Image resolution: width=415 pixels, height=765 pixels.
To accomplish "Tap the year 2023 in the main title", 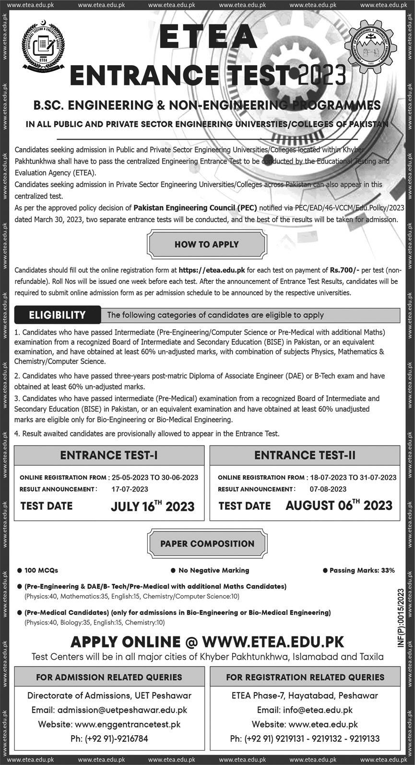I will pyautogui.click(x=321, y=75).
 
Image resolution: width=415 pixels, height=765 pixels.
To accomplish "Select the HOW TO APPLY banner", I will pyautogui.click(x=206, y=244).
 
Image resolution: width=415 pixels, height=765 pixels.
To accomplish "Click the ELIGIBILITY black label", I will pyautogui.click(x=58, y=315).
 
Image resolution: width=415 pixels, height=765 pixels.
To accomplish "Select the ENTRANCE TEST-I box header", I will pyautogui.click(x=109, y=456).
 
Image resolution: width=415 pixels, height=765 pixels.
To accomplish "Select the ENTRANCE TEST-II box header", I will pyautogui.click(x=305, y=456).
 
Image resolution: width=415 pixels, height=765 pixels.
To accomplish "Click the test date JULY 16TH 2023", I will pyautogui.click(x=153, y=506).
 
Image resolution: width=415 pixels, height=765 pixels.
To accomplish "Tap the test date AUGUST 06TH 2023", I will pyautogui.click(x=339, y=505).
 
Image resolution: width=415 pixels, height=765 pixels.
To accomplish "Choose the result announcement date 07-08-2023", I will pyautogui.click(x=328, y=489).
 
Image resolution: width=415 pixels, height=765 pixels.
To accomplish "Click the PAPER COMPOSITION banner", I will pyautogui.click(x=207, y=544).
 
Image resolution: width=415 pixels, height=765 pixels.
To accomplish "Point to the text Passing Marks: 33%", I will pyautogui.click(x=362, y=570).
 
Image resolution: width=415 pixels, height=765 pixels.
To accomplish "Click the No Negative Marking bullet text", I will pyautogui.click(x=213, y=570).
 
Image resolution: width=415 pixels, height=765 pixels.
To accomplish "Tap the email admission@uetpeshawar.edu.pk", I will pyautogui.click(x=109, y=710).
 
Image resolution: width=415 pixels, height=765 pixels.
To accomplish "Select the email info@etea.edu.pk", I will pyautogui.click(x=305, y=710).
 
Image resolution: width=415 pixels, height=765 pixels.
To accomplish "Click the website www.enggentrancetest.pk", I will pyautogui.click(x=109, y=724).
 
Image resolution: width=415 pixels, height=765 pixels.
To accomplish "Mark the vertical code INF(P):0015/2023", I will pyautogui.click(x=401, y=619).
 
